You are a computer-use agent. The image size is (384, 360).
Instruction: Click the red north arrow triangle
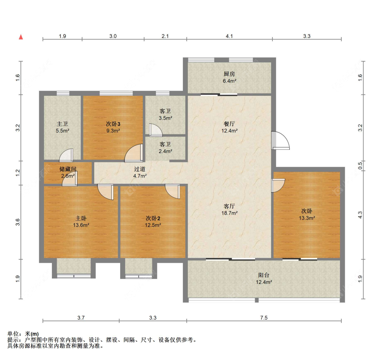[21, 37]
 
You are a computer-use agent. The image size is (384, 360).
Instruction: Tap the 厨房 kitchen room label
[229, 74]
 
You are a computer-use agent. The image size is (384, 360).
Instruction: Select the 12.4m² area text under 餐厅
[229, 131]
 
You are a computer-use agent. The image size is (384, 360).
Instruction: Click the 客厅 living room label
[229, 206]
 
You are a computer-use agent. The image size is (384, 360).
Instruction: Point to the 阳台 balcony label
[264, 275]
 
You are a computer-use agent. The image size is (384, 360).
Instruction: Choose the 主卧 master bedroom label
[81, 218]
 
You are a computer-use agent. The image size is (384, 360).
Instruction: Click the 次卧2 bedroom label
[153, 218]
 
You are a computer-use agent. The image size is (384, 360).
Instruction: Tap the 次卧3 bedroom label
[113, 124]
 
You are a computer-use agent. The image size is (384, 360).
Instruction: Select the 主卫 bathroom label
[62, 124]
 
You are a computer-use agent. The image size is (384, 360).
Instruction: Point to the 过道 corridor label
[140, 169]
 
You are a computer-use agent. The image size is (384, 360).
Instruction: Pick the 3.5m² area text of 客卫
[165, 118]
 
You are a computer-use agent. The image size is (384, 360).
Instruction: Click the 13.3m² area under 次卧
[307, 218]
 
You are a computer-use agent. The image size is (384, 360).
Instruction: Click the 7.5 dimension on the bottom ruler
[264, 318]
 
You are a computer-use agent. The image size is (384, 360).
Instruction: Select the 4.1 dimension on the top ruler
[229, 36]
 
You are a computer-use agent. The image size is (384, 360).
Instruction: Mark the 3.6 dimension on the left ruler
[17, 222]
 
